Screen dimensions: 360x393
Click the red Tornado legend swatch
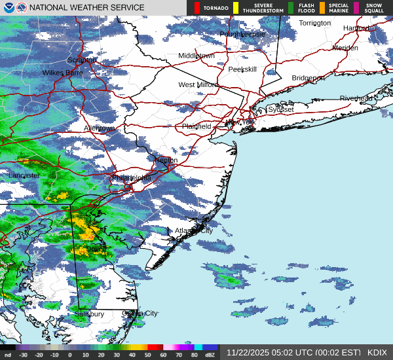point(197,8)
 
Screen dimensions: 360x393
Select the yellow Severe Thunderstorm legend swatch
point(236,8)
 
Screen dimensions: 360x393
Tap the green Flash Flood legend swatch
point(291,8)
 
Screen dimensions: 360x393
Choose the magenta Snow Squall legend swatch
point(357,8)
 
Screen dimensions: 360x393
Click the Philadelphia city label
point(132,177)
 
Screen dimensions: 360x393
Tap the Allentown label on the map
point(99,128)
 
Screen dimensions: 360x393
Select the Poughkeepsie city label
point(242,33)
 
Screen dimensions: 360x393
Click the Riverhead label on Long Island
point(356,98)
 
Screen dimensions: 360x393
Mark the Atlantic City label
point(194,230)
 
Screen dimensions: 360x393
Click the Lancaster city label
point(24,175)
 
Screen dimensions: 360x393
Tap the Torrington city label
point(315,23)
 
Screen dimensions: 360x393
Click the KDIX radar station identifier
point(377,352)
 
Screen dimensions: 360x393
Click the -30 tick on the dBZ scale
point(23,355)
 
